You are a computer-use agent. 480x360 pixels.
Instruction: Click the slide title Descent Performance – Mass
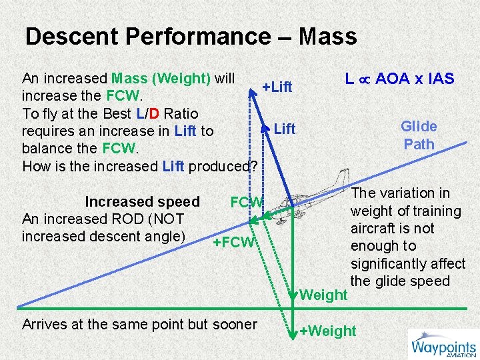pyautogui.click(x=191, y=36)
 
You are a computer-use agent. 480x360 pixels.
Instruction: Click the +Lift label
pyautogui.click(x=277, y=87)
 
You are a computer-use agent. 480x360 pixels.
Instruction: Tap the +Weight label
pyautogui.click(x=327, y=331)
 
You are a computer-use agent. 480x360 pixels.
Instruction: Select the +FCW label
pyautogui.click(x=233, y=242)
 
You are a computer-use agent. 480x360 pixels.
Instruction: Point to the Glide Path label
pyautogui.click(x=419, y=135)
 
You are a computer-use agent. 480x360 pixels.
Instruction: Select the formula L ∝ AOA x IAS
pyautogui.click(x=399, y=79)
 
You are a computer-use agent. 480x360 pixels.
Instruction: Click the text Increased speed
pyautogui.click(x=142, y=202)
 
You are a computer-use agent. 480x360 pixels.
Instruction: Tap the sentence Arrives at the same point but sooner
pyautogui.click(x=139, y=325)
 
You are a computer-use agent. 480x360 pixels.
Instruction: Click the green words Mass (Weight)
pyautogui.click(x=161, y=78)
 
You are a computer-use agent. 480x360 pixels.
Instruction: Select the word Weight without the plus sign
pyautogui.click(x=324, y=295)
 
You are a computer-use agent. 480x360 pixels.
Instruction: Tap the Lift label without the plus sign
pyautogui.click(x=285, y=129)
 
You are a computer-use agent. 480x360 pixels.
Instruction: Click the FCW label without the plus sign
pyautogui.click(x=247, y=202)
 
